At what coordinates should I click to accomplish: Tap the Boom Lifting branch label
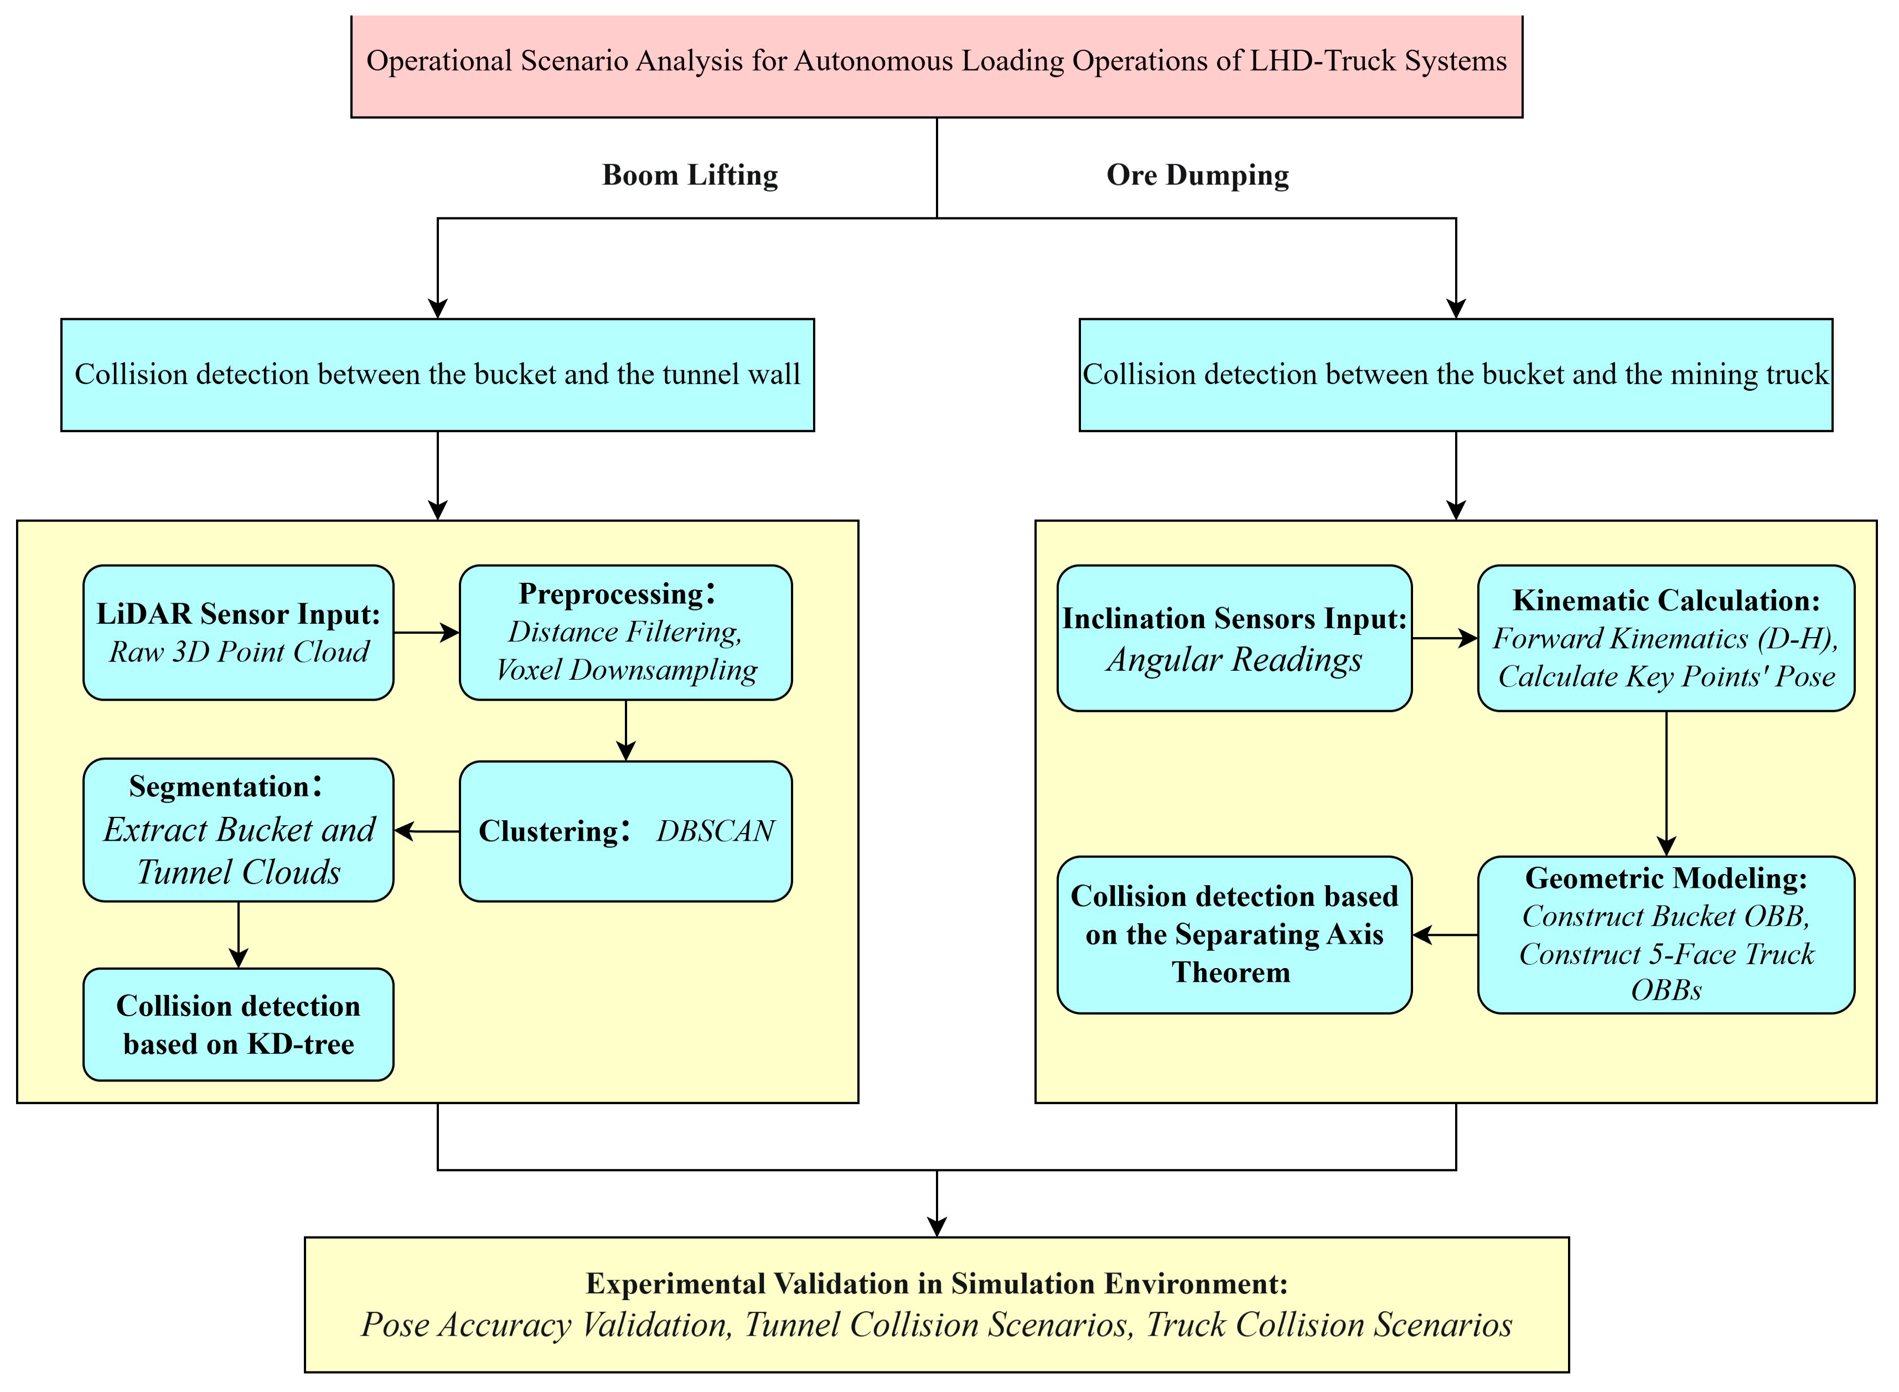(690, 175)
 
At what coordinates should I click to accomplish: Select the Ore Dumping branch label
(1197, 175)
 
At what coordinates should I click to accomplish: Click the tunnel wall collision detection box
(437, 375)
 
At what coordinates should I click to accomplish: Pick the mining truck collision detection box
(1455, 375)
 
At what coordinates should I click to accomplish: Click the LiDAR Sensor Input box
(239, 633)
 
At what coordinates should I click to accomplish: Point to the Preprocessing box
(625, 633)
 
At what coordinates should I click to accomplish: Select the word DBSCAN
(715, 832)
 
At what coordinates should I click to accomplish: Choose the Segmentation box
(239, 830)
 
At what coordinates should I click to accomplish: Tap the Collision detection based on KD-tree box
(239, 1024)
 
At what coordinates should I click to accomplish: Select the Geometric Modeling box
(1665, 934)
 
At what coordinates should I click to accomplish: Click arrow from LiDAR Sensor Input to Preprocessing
(426, 633)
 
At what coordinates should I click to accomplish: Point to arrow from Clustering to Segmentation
(426, 832)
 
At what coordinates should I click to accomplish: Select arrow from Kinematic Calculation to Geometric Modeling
(1665, 784)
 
